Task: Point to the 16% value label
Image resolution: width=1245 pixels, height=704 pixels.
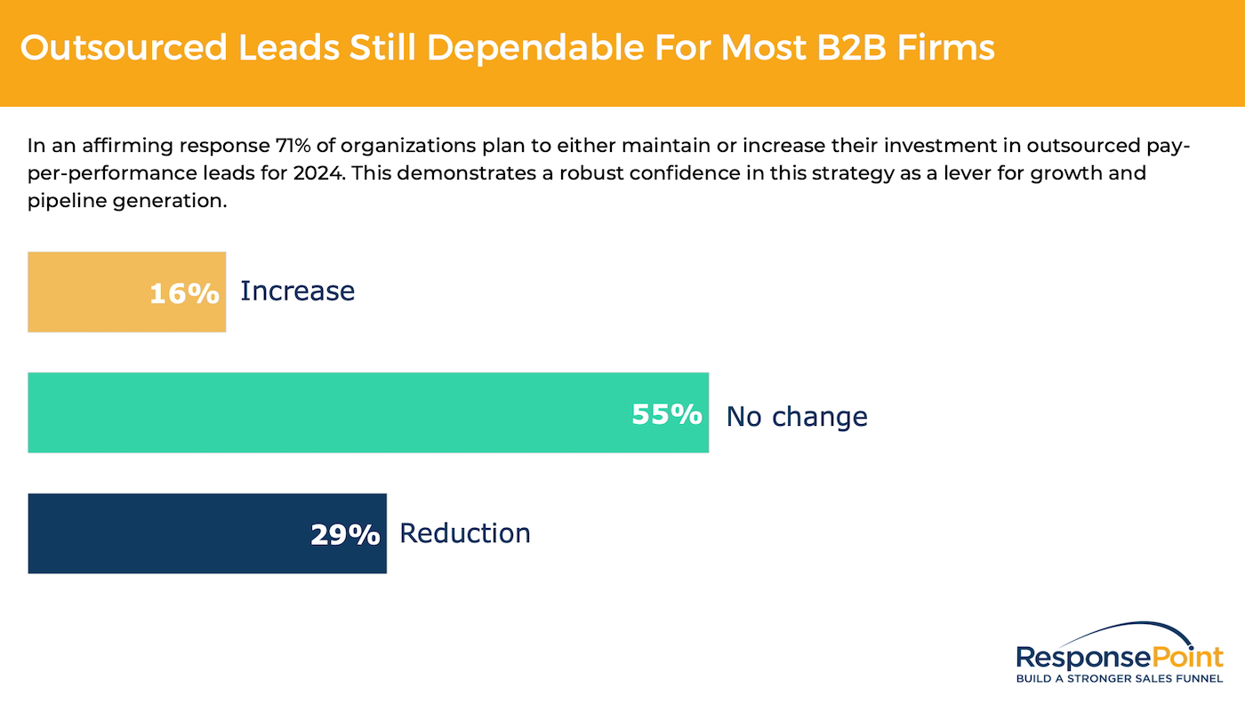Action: click(184, 293)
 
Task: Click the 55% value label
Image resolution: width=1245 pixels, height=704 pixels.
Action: click(667, 414)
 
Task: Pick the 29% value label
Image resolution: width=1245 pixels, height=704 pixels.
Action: click(345, 534)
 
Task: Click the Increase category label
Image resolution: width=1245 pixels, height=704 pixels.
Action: click(297, 292)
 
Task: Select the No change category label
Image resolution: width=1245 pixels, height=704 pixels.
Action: click(797, 416)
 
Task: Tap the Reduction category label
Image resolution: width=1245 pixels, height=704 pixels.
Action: click(464, 533)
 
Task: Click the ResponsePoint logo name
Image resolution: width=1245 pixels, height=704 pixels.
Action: click(1120, 658)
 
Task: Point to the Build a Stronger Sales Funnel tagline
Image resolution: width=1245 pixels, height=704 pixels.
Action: click(1120, 679)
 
